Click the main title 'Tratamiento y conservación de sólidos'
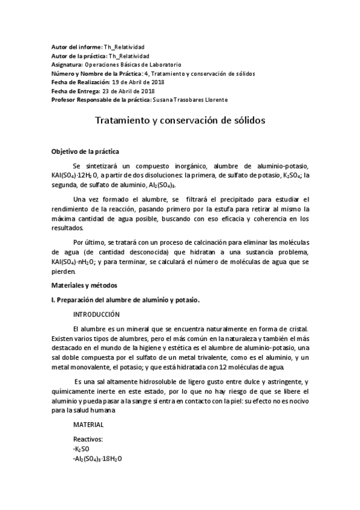180,120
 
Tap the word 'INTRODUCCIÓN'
96,315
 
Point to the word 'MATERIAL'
88,425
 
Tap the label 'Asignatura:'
67,64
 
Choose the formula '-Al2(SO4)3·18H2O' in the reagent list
97,459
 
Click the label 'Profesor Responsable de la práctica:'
102,99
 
